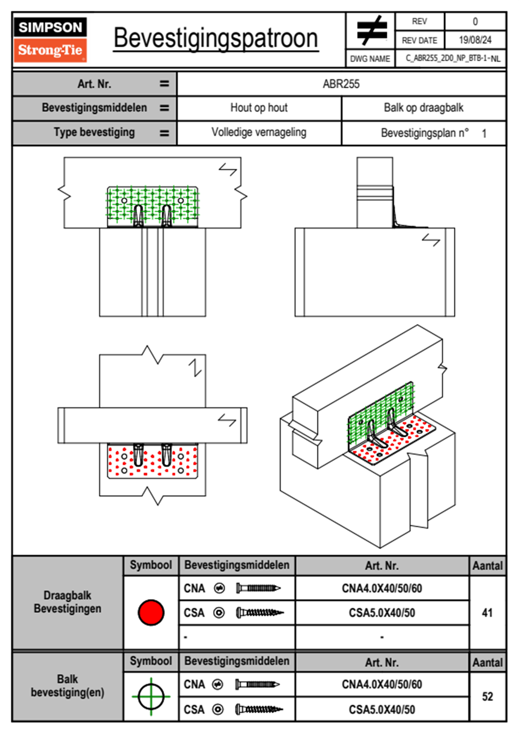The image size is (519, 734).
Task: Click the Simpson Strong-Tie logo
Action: pos(50,40)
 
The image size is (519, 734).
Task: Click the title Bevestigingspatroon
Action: pos(215,38)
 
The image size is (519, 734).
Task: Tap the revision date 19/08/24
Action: pos(475,40)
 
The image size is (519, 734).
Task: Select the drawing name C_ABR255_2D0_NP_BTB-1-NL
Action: pos(452,58)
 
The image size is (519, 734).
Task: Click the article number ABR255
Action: pos(341,84)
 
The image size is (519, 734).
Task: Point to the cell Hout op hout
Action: pos(259,108)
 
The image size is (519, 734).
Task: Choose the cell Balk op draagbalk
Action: pos(423,108)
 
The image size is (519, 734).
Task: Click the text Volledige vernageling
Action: pos(259,132)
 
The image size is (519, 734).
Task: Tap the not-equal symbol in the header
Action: pos(371,31)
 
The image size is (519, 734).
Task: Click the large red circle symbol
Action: pos(151,612)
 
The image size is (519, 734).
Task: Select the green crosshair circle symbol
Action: pos(151,696)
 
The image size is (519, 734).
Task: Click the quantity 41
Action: pos(487,613)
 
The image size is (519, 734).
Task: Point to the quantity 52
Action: pos(487,696)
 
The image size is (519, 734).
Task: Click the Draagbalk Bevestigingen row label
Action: pos(68,602)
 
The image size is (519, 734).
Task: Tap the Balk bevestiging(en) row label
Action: pos(68,686)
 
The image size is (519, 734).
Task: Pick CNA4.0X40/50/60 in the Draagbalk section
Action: pos(382,588)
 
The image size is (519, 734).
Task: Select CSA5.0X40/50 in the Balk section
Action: pos(382,710)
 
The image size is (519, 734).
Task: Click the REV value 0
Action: pos(475,21)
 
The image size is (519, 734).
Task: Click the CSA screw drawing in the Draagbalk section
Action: pos(259,613)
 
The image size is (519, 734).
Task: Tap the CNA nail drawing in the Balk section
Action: pos(257,684)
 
